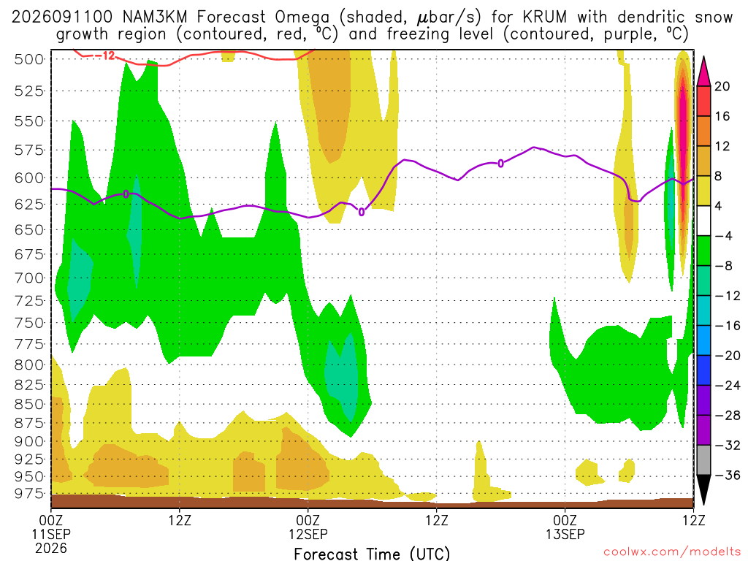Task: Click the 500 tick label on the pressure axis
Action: [28, 59]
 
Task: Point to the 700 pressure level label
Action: [28, 278]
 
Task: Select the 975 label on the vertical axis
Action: [28, 493]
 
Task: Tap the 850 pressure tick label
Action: [28, 404]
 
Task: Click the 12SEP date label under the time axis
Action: [308, 534]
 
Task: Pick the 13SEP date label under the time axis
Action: [565, 534]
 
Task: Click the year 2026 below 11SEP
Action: [51, 548]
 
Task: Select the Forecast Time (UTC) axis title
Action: [372, 554]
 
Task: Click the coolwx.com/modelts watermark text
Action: [672, 552]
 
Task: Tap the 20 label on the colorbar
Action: [722, 86]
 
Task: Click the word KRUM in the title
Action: [545, 18]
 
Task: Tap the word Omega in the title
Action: [302, 18]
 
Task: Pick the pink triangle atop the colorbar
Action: [703, 72]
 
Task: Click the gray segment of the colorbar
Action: [703, 460]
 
